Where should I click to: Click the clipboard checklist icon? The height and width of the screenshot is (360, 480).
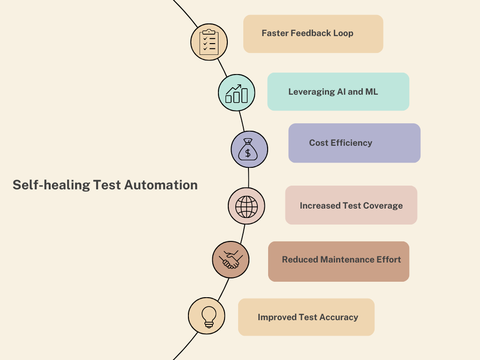pyautogui.click(x=209, y=42)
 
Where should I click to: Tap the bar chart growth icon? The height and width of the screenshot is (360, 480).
pyautogui.click(x=237, y=93)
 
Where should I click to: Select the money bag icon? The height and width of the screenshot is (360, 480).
pyautogui.click(x=249, y=150)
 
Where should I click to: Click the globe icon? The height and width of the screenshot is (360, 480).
pyautogui.click(x=247, y=206)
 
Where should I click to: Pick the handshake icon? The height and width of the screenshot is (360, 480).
pyautogui.click(x=231, y=259)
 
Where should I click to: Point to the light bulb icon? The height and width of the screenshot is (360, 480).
pyautogui.click(x=207, y=316)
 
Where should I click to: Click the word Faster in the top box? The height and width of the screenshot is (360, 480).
pyautogui.click(x=275, y=33)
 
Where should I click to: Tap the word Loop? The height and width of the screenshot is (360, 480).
pyautogui.click(x=343, y=33)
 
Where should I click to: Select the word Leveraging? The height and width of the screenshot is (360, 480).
pyautogui.click(x=311, y=92)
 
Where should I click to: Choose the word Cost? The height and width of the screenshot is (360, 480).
pyautogui.click(x=319, y=143)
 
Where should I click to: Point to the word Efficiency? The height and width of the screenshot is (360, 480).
pyautogui.click(x=351, y=143)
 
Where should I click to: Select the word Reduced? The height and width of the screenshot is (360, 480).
pyautogui.click(x=300, y=260)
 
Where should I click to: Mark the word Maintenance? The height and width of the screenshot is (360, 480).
pyautogui.click(x=347, y=260)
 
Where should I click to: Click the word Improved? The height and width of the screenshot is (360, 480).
pyautogui.click(x=277, y=317)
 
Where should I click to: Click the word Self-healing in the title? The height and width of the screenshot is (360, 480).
pyautogui.click(x=51, y=185)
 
